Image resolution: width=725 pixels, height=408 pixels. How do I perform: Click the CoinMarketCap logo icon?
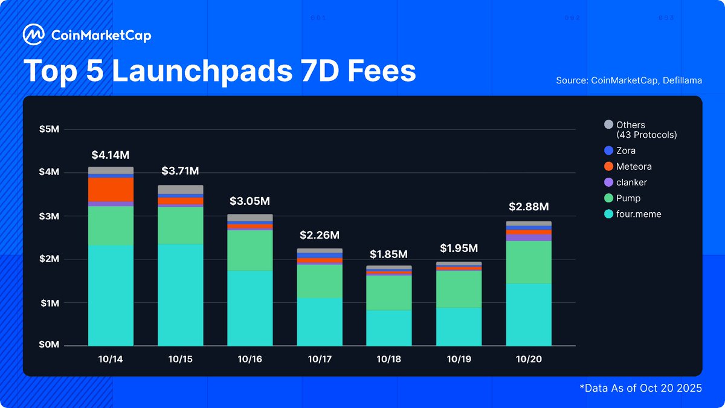pos(33,35)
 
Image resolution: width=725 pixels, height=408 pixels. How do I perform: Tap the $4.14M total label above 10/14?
pos(111,155)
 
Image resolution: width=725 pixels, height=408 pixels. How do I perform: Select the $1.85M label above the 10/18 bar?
pos(388,254)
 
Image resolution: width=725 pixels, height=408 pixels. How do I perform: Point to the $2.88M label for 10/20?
pos(529,207)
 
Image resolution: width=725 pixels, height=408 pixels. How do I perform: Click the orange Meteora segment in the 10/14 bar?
pos(111,189)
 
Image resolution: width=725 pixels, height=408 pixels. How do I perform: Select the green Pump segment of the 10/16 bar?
pos(250,250)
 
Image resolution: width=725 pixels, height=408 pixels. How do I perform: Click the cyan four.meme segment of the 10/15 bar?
pos(181,294)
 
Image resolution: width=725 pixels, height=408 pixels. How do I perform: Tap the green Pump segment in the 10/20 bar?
pos(529,262)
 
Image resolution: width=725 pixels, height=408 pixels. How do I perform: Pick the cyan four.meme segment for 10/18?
pos(388,328)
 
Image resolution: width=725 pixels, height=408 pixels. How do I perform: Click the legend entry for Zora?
pos(625,151)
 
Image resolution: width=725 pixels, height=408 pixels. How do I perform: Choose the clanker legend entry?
pos(631,182)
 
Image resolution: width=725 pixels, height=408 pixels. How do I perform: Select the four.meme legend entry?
pos(638,214)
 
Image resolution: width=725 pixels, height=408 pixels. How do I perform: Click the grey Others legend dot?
pos(608,125)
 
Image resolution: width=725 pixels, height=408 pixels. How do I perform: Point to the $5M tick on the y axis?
pos(50,129)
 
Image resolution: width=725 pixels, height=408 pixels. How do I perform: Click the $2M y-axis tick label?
pos(50,259)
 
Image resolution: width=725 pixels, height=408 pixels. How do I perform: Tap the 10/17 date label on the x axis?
pos(320,359)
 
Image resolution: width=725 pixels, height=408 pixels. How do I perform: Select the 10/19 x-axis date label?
pos(459,359)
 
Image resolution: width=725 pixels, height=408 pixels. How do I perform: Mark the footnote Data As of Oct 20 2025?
pos(642,388)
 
